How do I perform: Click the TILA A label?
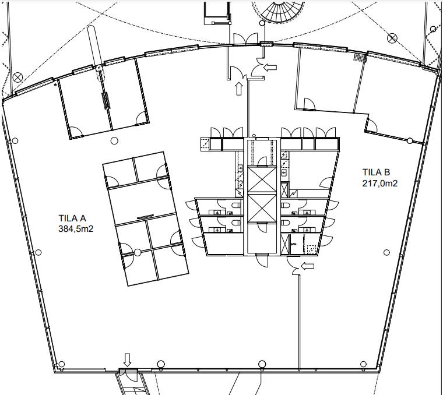click(x=72, y=218)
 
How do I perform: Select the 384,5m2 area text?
click(x=76, y=228)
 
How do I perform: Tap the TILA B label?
click(x=376, y=172)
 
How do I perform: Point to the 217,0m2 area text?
click(x=379, y=184)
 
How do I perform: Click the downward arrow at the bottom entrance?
click(x=128, y=359)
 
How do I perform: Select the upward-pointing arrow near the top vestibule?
click(x=239, y=89)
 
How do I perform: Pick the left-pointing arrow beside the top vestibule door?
click(x=270, y=67)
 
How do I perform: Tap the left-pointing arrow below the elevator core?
click(x=307, y=266)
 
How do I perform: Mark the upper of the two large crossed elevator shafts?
click(x=262, y=179)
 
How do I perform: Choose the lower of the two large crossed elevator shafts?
click(x=262, y=209)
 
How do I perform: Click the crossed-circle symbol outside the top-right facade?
click(x=392, y=38)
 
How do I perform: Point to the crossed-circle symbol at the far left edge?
click(x=17, y=77)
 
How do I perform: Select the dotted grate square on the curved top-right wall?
click(x=360, y=57)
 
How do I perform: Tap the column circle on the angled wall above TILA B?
click(x=410, y=140)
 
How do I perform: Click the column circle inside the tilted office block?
click(x=138, y=252)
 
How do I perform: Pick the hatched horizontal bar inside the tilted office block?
click(x=145, y=217)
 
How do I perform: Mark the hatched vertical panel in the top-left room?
click(x=106, y=101)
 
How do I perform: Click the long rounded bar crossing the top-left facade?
click(x=96, y=53)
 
